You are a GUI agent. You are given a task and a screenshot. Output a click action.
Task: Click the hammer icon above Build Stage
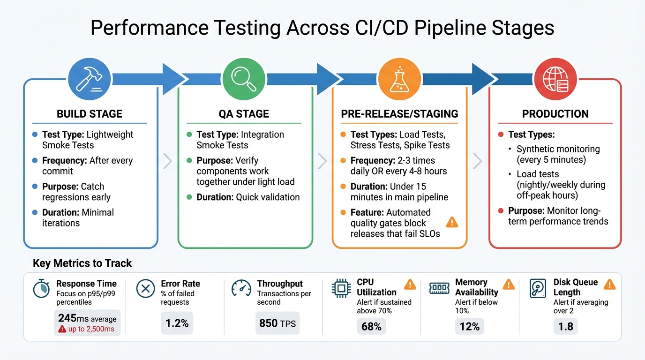click(x=90, y=78)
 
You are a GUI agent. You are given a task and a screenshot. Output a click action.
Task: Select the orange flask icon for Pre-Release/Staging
click(x=398, y=78)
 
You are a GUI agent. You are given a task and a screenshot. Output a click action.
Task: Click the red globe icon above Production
click(x=555, y=78)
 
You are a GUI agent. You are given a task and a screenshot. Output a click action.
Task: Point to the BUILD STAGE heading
click(x=90, y=114)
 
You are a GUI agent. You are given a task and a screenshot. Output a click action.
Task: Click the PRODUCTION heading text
click(x=555, y=114)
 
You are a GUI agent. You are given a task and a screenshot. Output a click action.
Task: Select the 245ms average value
click(x=87, y=318)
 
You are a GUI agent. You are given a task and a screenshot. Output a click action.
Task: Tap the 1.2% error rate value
click(x=177, y=323)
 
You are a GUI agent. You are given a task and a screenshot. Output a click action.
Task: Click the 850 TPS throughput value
click(x=277, y=323)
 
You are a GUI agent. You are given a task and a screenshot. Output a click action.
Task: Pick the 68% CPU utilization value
click(x=371, y=326)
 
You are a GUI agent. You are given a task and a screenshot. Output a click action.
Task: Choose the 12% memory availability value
click(x=469, y=326)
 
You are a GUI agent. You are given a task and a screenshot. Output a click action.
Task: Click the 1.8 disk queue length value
click(x=566, y=326)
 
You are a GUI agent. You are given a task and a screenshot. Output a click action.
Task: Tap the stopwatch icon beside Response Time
click(x=42, y=289)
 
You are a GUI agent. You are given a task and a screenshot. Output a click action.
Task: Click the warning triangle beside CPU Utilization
click(x=410, y=284)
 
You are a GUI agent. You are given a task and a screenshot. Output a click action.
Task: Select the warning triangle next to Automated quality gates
click(x=452, y=222)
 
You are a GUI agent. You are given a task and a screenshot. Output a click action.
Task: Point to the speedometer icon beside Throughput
click(x=241, y=289)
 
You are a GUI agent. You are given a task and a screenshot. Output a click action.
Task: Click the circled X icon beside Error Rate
click(x=145, y=289)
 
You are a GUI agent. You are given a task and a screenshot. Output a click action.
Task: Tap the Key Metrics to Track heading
click(x=82, y=263)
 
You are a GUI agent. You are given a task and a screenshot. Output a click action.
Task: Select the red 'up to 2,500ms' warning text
click(x=87, y=329)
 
